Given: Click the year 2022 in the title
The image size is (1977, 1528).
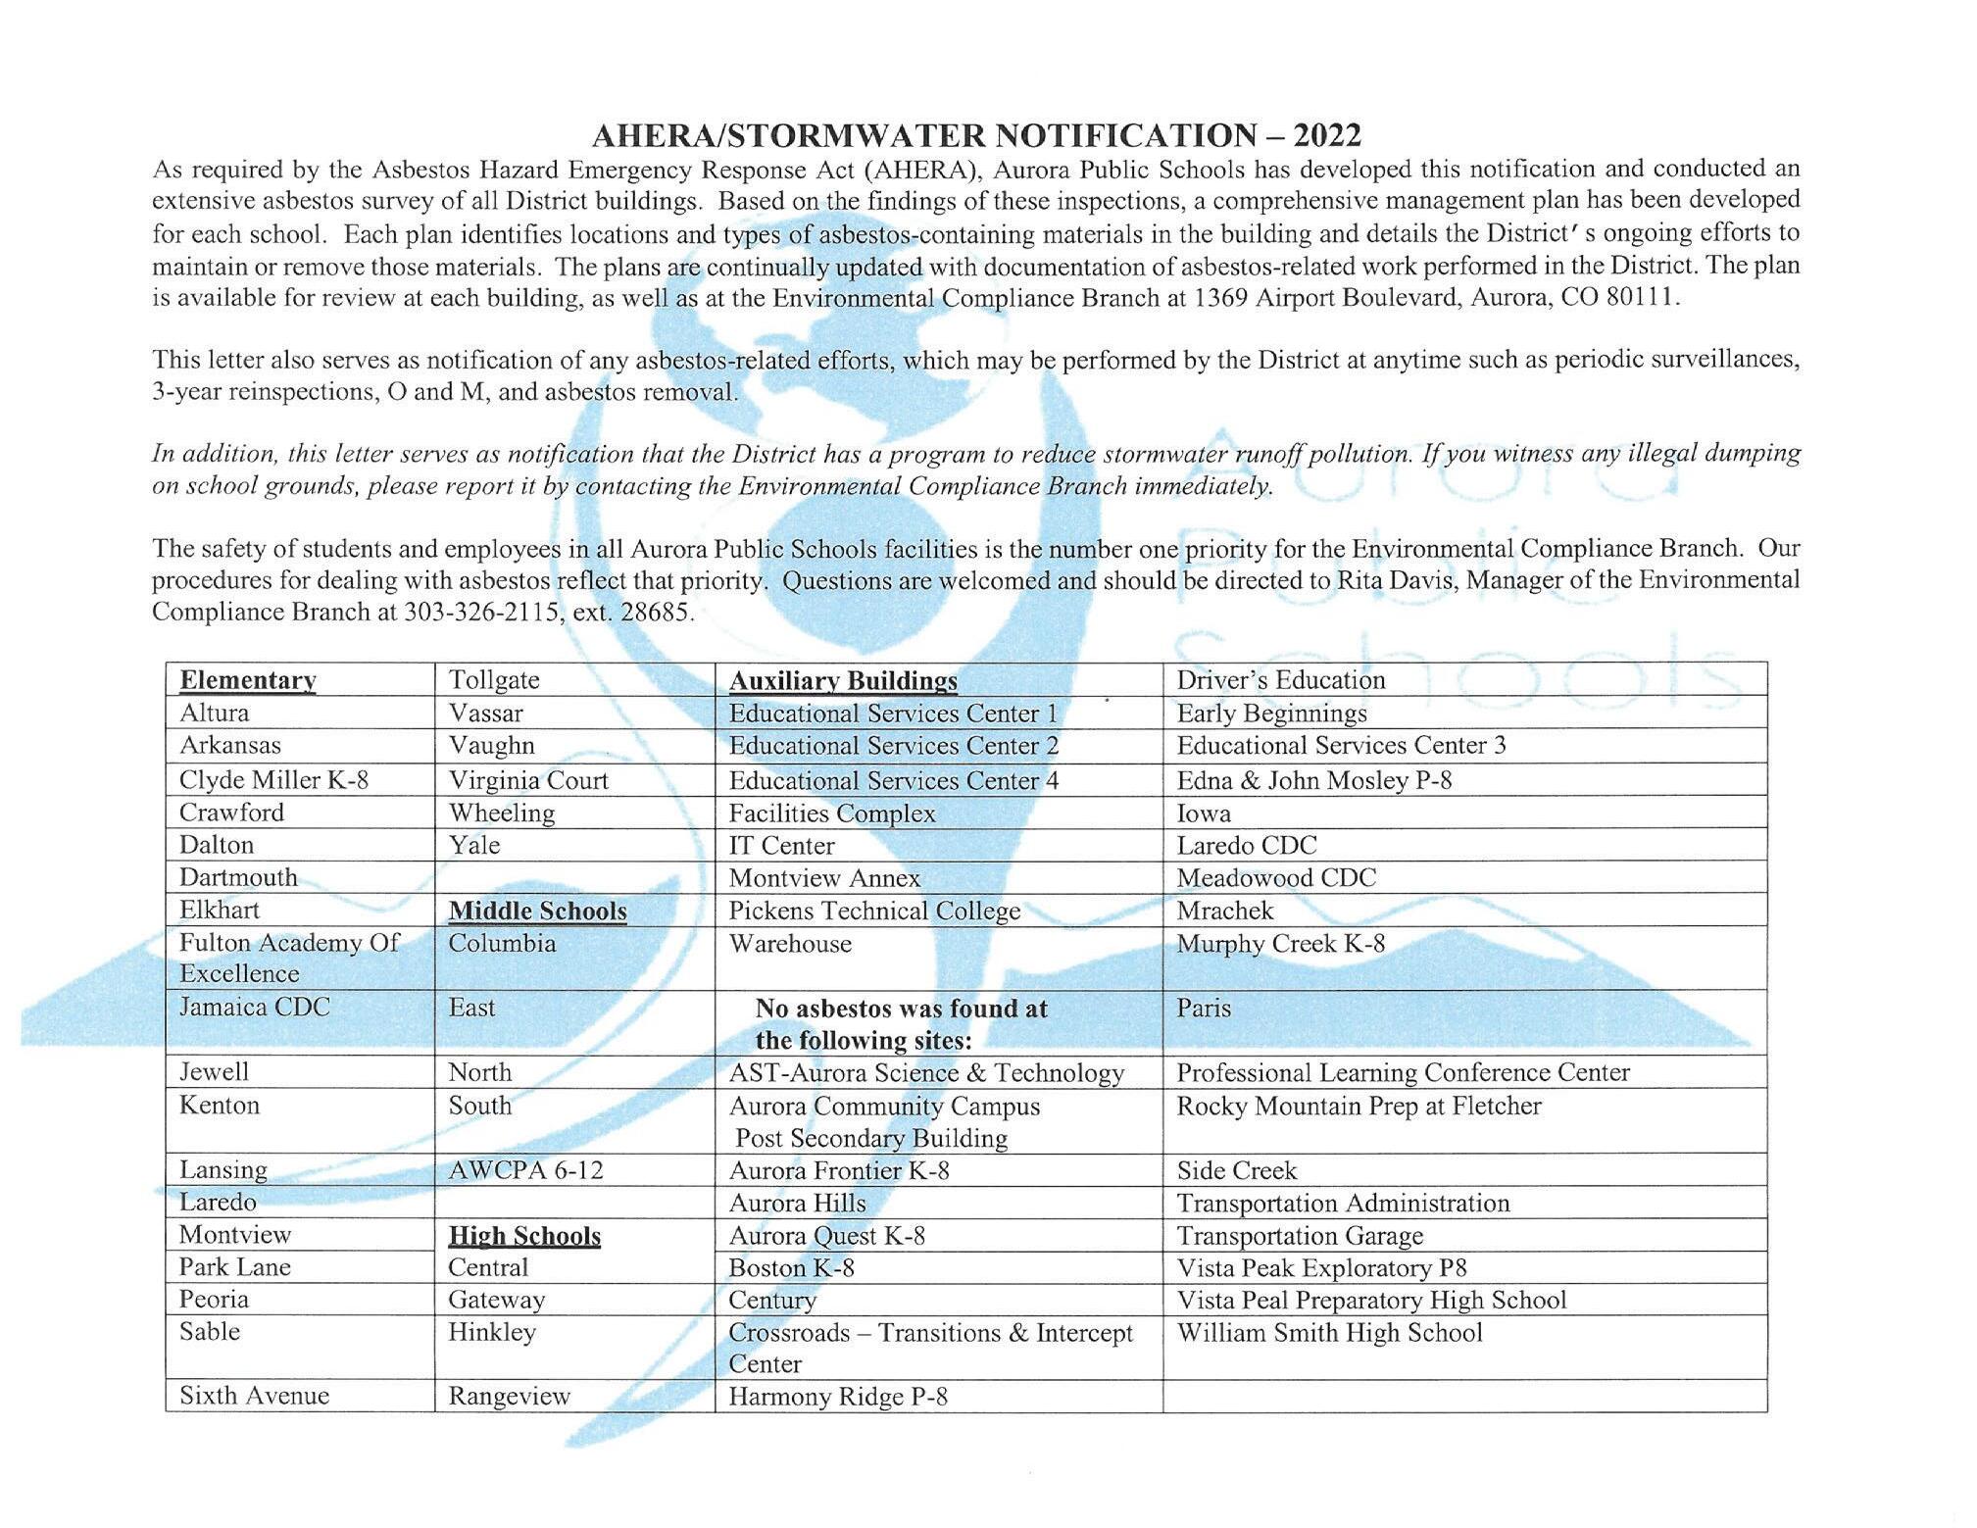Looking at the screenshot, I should (1327, 135).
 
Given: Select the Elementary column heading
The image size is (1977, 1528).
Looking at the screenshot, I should (247, 680).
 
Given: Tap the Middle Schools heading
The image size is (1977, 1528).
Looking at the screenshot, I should (537, 911).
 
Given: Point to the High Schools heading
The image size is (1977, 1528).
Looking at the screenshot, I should (524, 1236).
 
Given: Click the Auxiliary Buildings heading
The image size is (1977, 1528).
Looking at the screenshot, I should (843, 681).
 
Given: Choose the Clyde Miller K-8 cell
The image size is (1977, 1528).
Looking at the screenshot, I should (273, 780).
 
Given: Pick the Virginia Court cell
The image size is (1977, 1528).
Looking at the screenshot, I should (528, 780).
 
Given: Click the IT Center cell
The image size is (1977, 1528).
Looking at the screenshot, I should (781, 845).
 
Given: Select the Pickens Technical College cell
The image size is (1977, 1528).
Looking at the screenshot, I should (874, 911).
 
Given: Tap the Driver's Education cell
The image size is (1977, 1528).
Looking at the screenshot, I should (1280, 680).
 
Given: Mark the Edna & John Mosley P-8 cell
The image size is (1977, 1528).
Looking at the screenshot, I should (1313, 780).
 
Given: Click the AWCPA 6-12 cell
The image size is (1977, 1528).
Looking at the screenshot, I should (525, 1170).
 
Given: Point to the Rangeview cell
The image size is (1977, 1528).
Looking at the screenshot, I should (509, 1396).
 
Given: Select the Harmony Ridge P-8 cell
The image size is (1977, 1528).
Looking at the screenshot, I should (837, 1397).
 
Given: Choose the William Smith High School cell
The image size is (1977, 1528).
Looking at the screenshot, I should (1329, 1333).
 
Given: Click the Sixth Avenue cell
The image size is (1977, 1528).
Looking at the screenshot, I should (254, 1396).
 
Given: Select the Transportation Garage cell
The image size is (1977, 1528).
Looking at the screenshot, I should (1299, 1236).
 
